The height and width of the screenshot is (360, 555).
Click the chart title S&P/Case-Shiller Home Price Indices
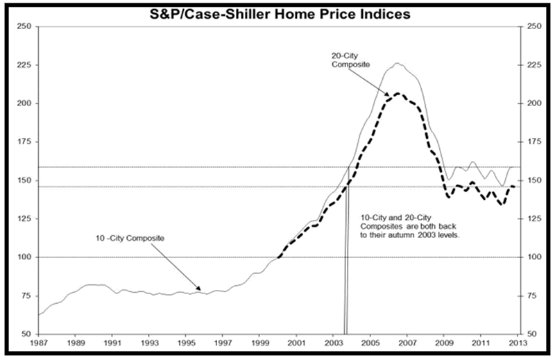point(277,13)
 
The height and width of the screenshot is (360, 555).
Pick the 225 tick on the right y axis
point(534,65)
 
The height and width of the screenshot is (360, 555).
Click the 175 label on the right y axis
point(534,142)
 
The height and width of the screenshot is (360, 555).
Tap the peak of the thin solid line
point(397,63)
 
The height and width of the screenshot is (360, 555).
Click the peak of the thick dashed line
point(397,93)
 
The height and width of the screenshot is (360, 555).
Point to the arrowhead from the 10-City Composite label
point(200,290)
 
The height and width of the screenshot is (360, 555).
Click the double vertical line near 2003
point(345,277)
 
